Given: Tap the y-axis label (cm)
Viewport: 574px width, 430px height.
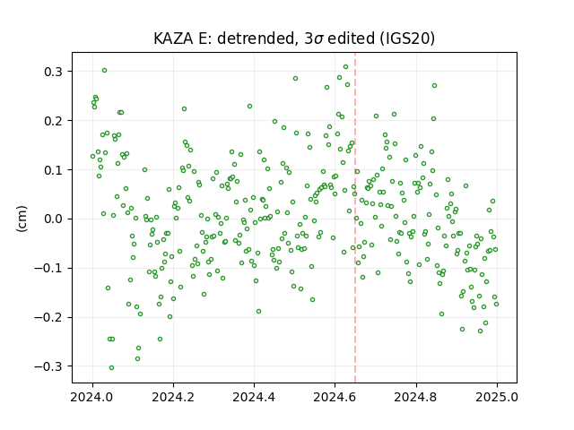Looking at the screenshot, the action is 22,219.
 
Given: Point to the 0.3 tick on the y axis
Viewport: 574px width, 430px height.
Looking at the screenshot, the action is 53,72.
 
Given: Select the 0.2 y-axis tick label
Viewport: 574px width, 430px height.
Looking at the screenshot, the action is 53,121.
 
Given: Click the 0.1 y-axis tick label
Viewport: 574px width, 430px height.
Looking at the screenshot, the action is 53,170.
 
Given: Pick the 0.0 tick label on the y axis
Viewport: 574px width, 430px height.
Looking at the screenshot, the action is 53,219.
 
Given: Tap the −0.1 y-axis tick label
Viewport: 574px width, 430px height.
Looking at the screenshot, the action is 48,269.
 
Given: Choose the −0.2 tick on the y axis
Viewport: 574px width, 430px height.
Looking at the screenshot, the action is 48,317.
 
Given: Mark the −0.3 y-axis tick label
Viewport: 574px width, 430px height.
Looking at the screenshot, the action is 48,366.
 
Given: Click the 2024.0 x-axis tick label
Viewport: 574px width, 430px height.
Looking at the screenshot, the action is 92,397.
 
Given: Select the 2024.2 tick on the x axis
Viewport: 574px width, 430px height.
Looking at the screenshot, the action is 173,397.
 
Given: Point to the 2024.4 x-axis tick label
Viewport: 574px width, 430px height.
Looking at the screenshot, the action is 254,397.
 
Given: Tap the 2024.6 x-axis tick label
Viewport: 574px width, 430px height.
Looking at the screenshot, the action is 335,397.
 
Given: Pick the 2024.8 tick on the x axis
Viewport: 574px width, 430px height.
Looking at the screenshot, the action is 415,397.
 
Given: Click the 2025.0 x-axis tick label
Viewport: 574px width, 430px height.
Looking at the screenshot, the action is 496,397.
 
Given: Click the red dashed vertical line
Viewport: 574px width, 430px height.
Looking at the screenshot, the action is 355,218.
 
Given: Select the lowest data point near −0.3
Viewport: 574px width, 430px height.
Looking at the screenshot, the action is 111,367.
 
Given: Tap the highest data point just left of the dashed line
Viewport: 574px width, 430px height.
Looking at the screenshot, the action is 345,66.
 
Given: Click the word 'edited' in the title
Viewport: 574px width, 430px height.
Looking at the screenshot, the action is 351,39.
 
